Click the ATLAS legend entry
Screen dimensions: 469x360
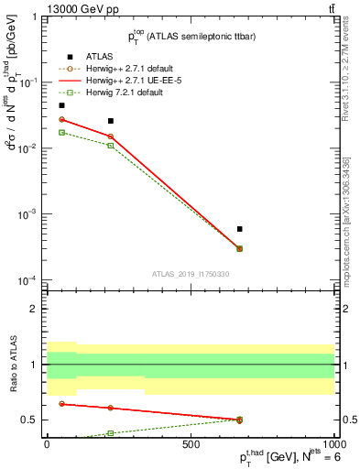[x=101, y=57]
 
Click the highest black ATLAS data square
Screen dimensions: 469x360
[x=61, y=105]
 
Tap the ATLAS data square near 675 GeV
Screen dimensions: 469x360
[x=240, y=229]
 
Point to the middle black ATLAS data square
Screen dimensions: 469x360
[x=111, y=121]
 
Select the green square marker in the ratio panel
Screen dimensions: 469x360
[x=111, y=432]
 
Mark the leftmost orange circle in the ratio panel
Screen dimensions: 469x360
[x=61, y=403]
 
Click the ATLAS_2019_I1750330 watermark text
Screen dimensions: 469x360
[x=191, y=273]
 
